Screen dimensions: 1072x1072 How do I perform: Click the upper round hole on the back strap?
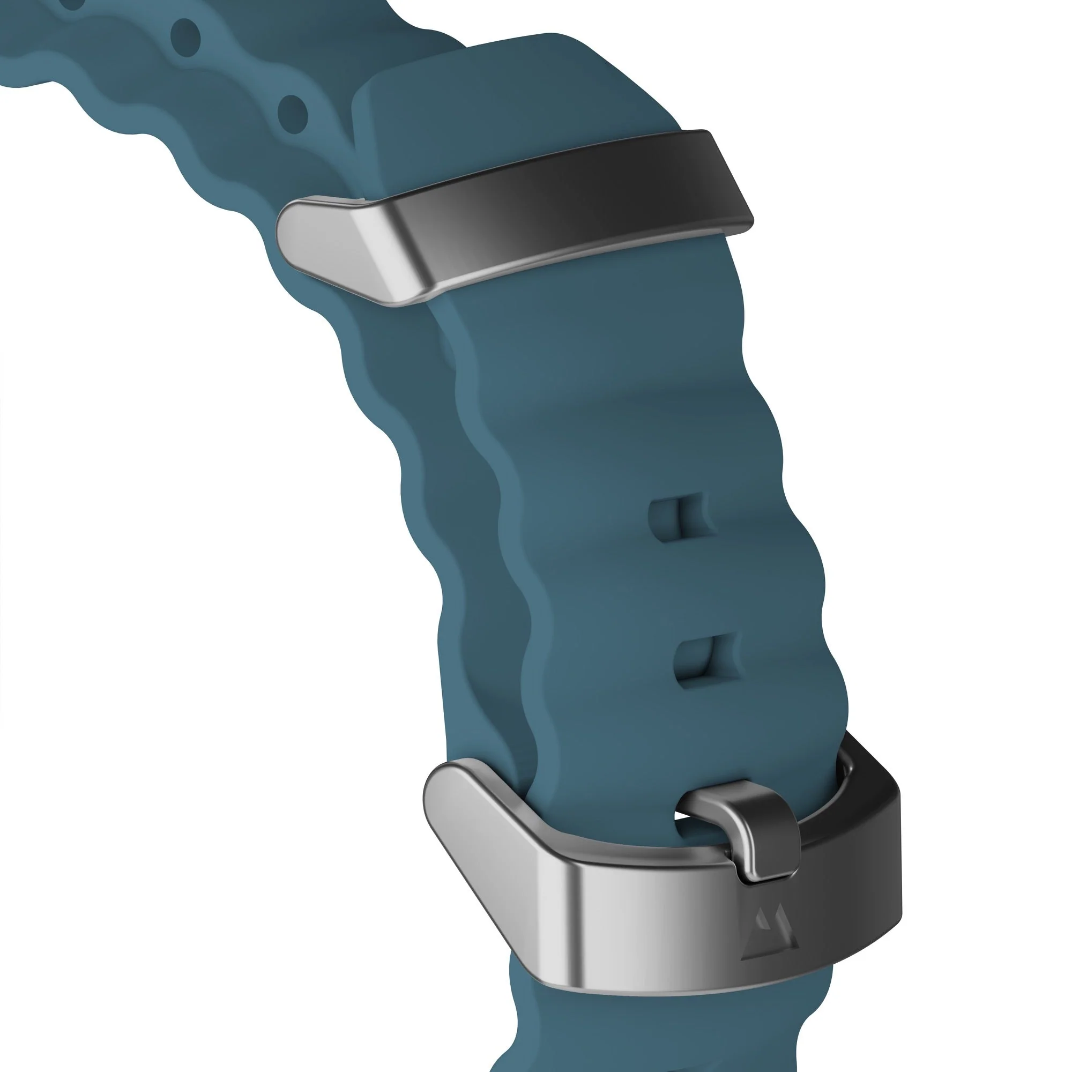[185, 34]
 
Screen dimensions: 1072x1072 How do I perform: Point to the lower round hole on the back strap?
[293, 113]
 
